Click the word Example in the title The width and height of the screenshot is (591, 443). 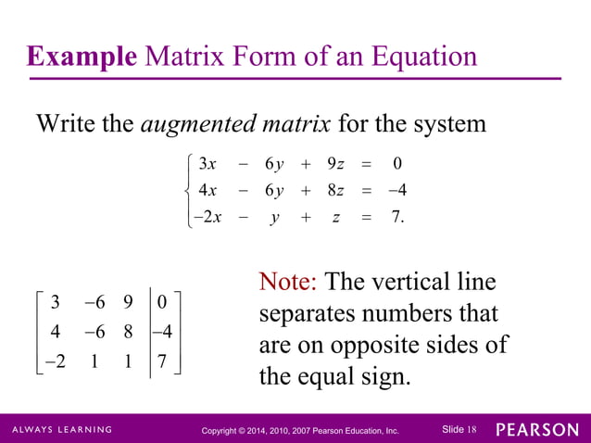pyautogui.click(x=81, y=57)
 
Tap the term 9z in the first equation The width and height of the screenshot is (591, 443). pyautogui.click(x=335, y=165)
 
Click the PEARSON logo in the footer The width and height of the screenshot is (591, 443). pyautogui.click(x=536, y=430)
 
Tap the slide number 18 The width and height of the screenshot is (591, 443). pyautogui.click(x=472, y=429)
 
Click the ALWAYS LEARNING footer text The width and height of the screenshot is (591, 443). pyautogui.click(x=62, y=430)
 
